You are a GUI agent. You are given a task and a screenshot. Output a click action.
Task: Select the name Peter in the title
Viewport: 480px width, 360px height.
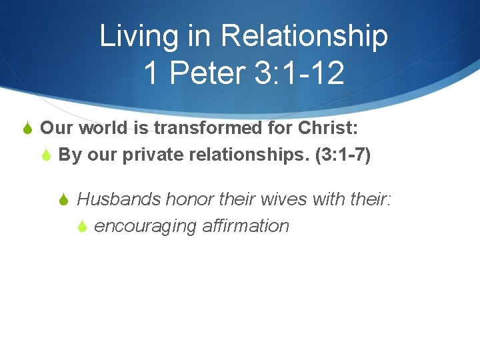(207, 73)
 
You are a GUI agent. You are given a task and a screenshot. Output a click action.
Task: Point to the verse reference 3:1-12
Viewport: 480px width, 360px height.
(299, 73)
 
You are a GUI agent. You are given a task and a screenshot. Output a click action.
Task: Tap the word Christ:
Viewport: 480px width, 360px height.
(324, 127)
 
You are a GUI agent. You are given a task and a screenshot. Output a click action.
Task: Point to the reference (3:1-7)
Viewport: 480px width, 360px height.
(345, 155)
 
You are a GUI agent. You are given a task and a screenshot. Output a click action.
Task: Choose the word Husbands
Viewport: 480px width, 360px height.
(119, 199)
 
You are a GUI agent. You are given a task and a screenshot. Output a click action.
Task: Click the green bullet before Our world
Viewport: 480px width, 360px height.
(28, 128)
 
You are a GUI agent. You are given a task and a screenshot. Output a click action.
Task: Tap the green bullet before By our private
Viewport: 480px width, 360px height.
(46, 156)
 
